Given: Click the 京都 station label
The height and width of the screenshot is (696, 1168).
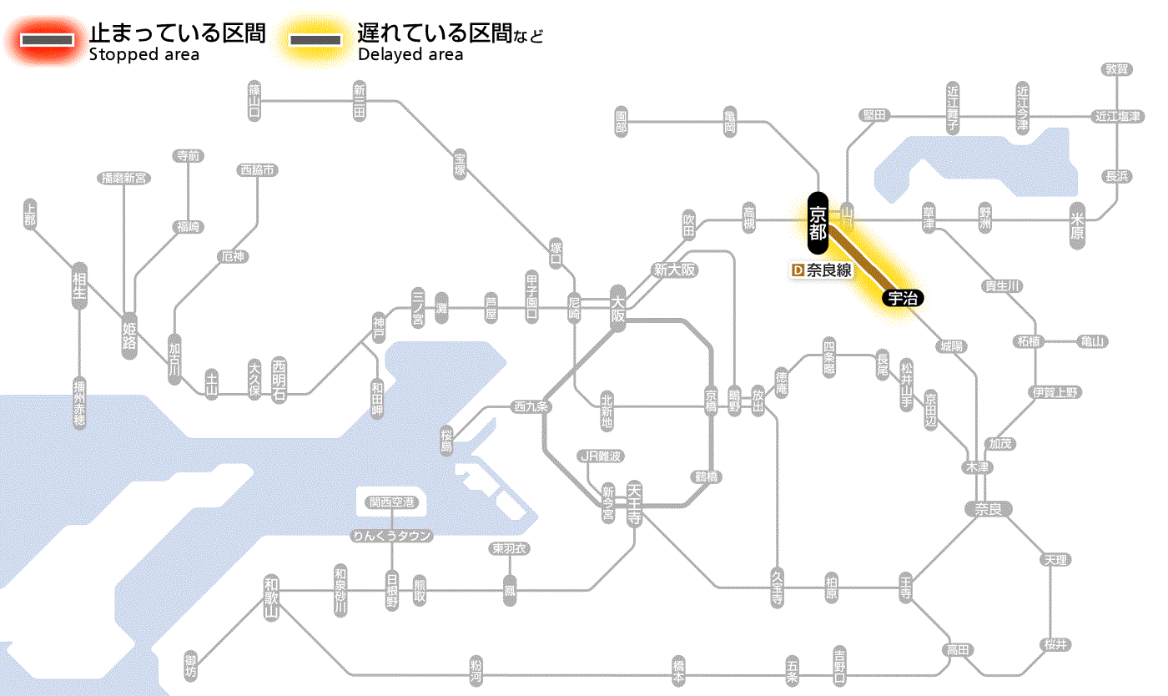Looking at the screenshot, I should tap(818, 223).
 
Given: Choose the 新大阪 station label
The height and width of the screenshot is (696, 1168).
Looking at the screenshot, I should tap(674, 270).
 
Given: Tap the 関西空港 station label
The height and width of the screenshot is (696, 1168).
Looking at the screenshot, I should tap(391, 502).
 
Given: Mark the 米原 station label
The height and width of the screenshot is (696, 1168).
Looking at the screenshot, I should tap(1079, 226).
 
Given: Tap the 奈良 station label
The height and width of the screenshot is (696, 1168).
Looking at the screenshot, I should tap(987, 508).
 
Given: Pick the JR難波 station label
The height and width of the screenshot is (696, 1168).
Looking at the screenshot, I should tap(601, 456).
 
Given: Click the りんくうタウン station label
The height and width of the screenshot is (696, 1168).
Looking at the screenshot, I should tap(391, 536).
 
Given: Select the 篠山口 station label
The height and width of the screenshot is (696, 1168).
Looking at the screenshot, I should tap(254, 101).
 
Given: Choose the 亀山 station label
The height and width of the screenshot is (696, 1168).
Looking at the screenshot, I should tap(1092, 341).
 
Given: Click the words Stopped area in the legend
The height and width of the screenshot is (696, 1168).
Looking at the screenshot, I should tap(143, 55).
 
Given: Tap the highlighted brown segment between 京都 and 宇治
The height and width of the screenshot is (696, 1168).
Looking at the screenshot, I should tap(859, 259).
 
